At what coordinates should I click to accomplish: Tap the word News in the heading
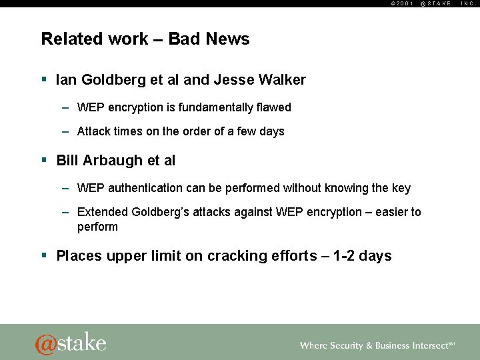227,39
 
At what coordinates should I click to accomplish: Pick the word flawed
273,107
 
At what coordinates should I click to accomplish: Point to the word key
401,189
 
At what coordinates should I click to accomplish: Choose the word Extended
101,213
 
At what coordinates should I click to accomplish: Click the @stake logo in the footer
71,343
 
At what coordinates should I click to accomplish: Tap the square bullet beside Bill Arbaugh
44,160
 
